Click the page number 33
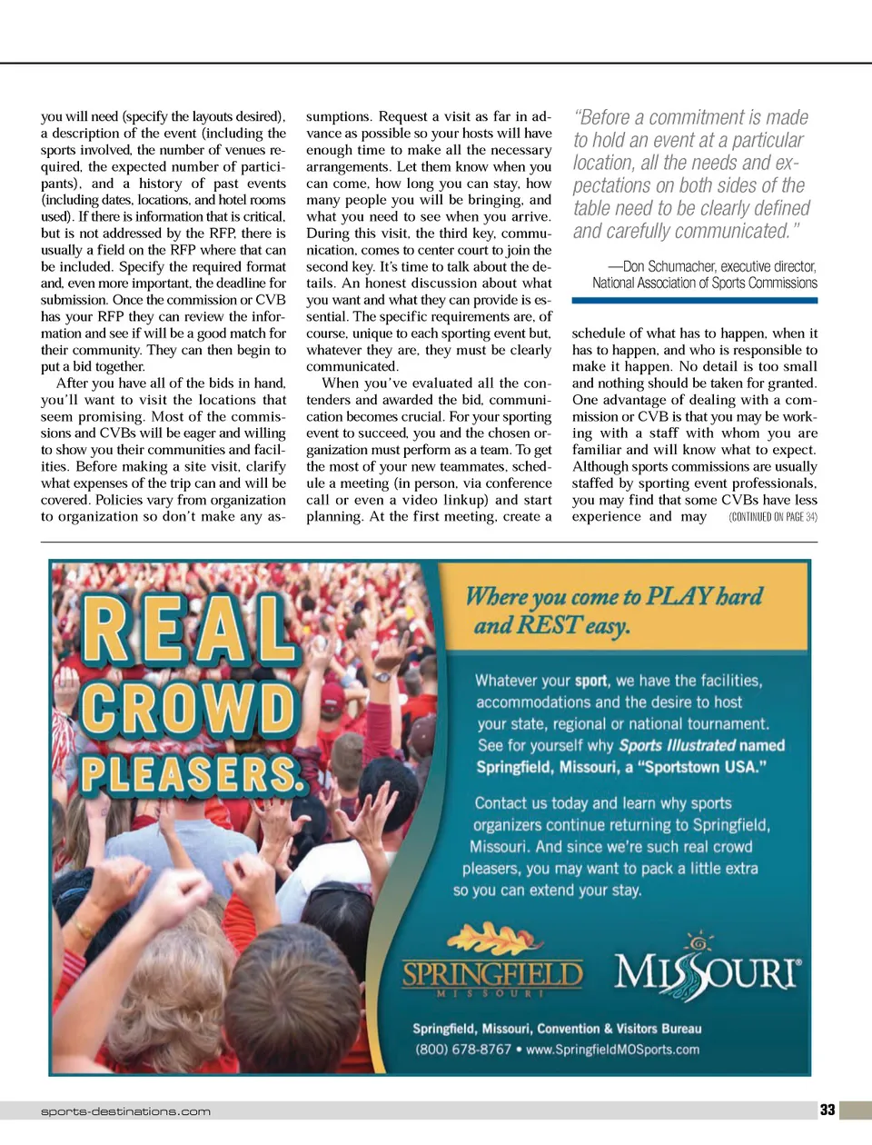point(827,1110)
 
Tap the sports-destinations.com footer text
point(125,1111)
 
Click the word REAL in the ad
point(188,629)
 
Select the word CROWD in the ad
point(188,707)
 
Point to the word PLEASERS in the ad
point(191,775)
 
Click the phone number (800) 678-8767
point(463,1050)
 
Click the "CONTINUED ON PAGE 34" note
point(773,517)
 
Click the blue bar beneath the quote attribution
point(694,300)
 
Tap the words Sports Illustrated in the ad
point(677,745)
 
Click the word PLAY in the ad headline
point(679,596)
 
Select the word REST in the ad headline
point(549,625)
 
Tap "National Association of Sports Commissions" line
point(705,283)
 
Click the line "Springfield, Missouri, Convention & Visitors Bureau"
point(557,1029)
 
